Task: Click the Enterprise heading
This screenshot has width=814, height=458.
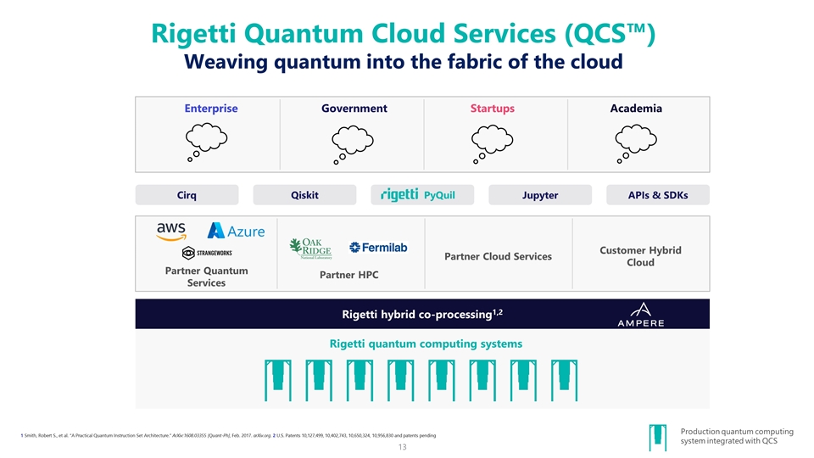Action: click(x=211, y=109)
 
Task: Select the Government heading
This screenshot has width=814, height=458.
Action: click(x=354, y=109)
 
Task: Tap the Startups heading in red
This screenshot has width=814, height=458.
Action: click(x=492, y=109)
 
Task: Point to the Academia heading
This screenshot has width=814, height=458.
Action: click(x=636, y=109)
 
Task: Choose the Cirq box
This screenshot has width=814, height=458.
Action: click(x=187, y=195)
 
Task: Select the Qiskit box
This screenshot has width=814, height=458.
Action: click(x=304, y=195)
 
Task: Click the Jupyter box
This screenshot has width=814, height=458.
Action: click(x=540, y=195)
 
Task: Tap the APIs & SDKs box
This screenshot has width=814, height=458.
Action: click(x=657, y=195)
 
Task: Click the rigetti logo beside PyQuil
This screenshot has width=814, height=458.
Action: click(x=399, y=195)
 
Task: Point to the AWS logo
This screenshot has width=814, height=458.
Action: click(x=172, y=231)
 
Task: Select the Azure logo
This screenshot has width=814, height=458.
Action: click(x=237, y=231)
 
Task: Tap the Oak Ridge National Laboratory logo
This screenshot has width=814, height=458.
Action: click(x=310, y=247)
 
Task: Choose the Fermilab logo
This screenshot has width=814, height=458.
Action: click(x=378, y=248)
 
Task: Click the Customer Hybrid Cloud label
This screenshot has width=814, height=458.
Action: click(x=640, y=256)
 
